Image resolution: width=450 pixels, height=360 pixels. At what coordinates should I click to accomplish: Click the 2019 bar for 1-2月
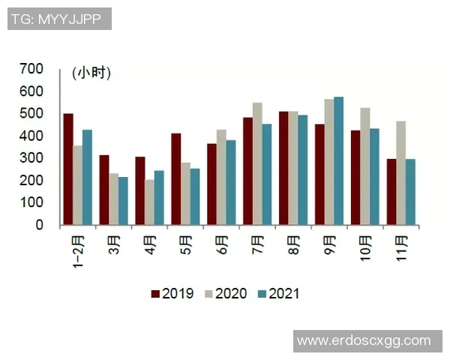[68, 169]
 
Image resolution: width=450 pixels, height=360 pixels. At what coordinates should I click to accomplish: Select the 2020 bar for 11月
[401, 172]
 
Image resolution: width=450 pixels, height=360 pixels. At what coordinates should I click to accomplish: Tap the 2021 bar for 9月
[339, 160]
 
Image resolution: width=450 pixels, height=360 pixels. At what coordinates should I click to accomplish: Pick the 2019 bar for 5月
[175, 178]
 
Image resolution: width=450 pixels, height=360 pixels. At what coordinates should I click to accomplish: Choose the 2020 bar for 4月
[149, 202]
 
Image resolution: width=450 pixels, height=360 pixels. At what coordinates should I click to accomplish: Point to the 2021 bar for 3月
[123, 200]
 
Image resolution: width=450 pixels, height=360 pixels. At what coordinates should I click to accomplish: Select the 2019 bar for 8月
[283, 168]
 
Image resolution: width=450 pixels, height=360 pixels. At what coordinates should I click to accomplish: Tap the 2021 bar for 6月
[231, 182]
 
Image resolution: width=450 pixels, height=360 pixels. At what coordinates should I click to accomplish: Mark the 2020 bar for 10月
[365, 166]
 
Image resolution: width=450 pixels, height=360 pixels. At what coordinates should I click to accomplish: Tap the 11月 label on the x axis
[401, 246]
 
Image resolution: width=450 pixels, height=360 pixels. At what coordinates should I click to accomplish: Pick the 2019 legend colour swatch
[155, 293]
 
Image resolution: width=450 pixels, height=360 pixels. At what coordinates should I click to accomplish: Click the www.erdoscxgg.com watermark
[364, 340]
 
